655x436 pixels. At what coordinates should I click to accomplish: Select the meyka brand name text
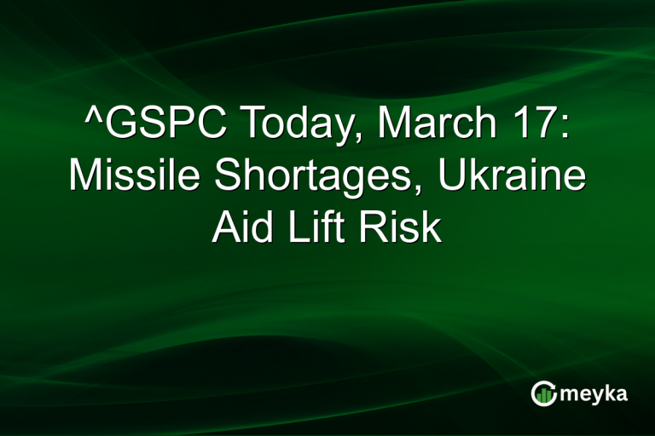click(596, 394)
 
